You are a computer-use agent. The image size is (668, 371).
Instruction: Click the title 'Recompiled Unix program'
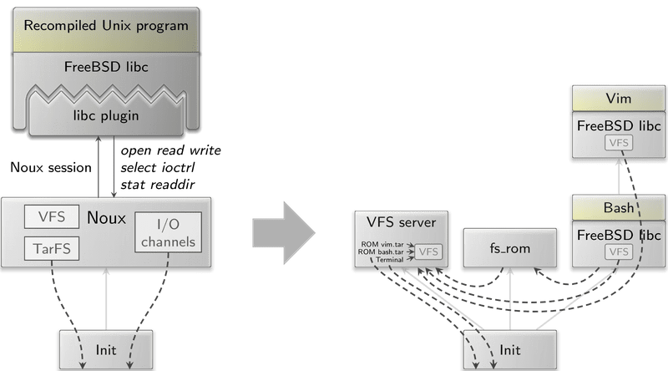pos(106,24)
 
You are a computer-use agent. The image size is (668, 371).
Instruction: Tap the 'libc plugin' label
pos(106,115)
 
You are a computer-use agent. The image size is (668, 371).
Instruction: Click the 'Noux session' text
pos(50,167)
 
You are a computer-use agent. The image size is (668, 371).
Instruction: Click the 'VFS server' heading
pos(401,221)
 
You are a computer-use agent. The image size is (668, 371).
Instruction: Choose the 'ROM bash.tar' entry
pos(383,251)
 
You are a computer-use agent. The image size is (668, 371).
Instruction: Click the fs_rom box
pos(509,249)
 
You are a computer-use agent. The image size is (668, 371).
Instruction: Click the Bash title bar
pos(618,206)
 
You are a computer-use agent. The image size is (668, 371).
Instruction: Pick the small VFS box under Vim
pos(618,144)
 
